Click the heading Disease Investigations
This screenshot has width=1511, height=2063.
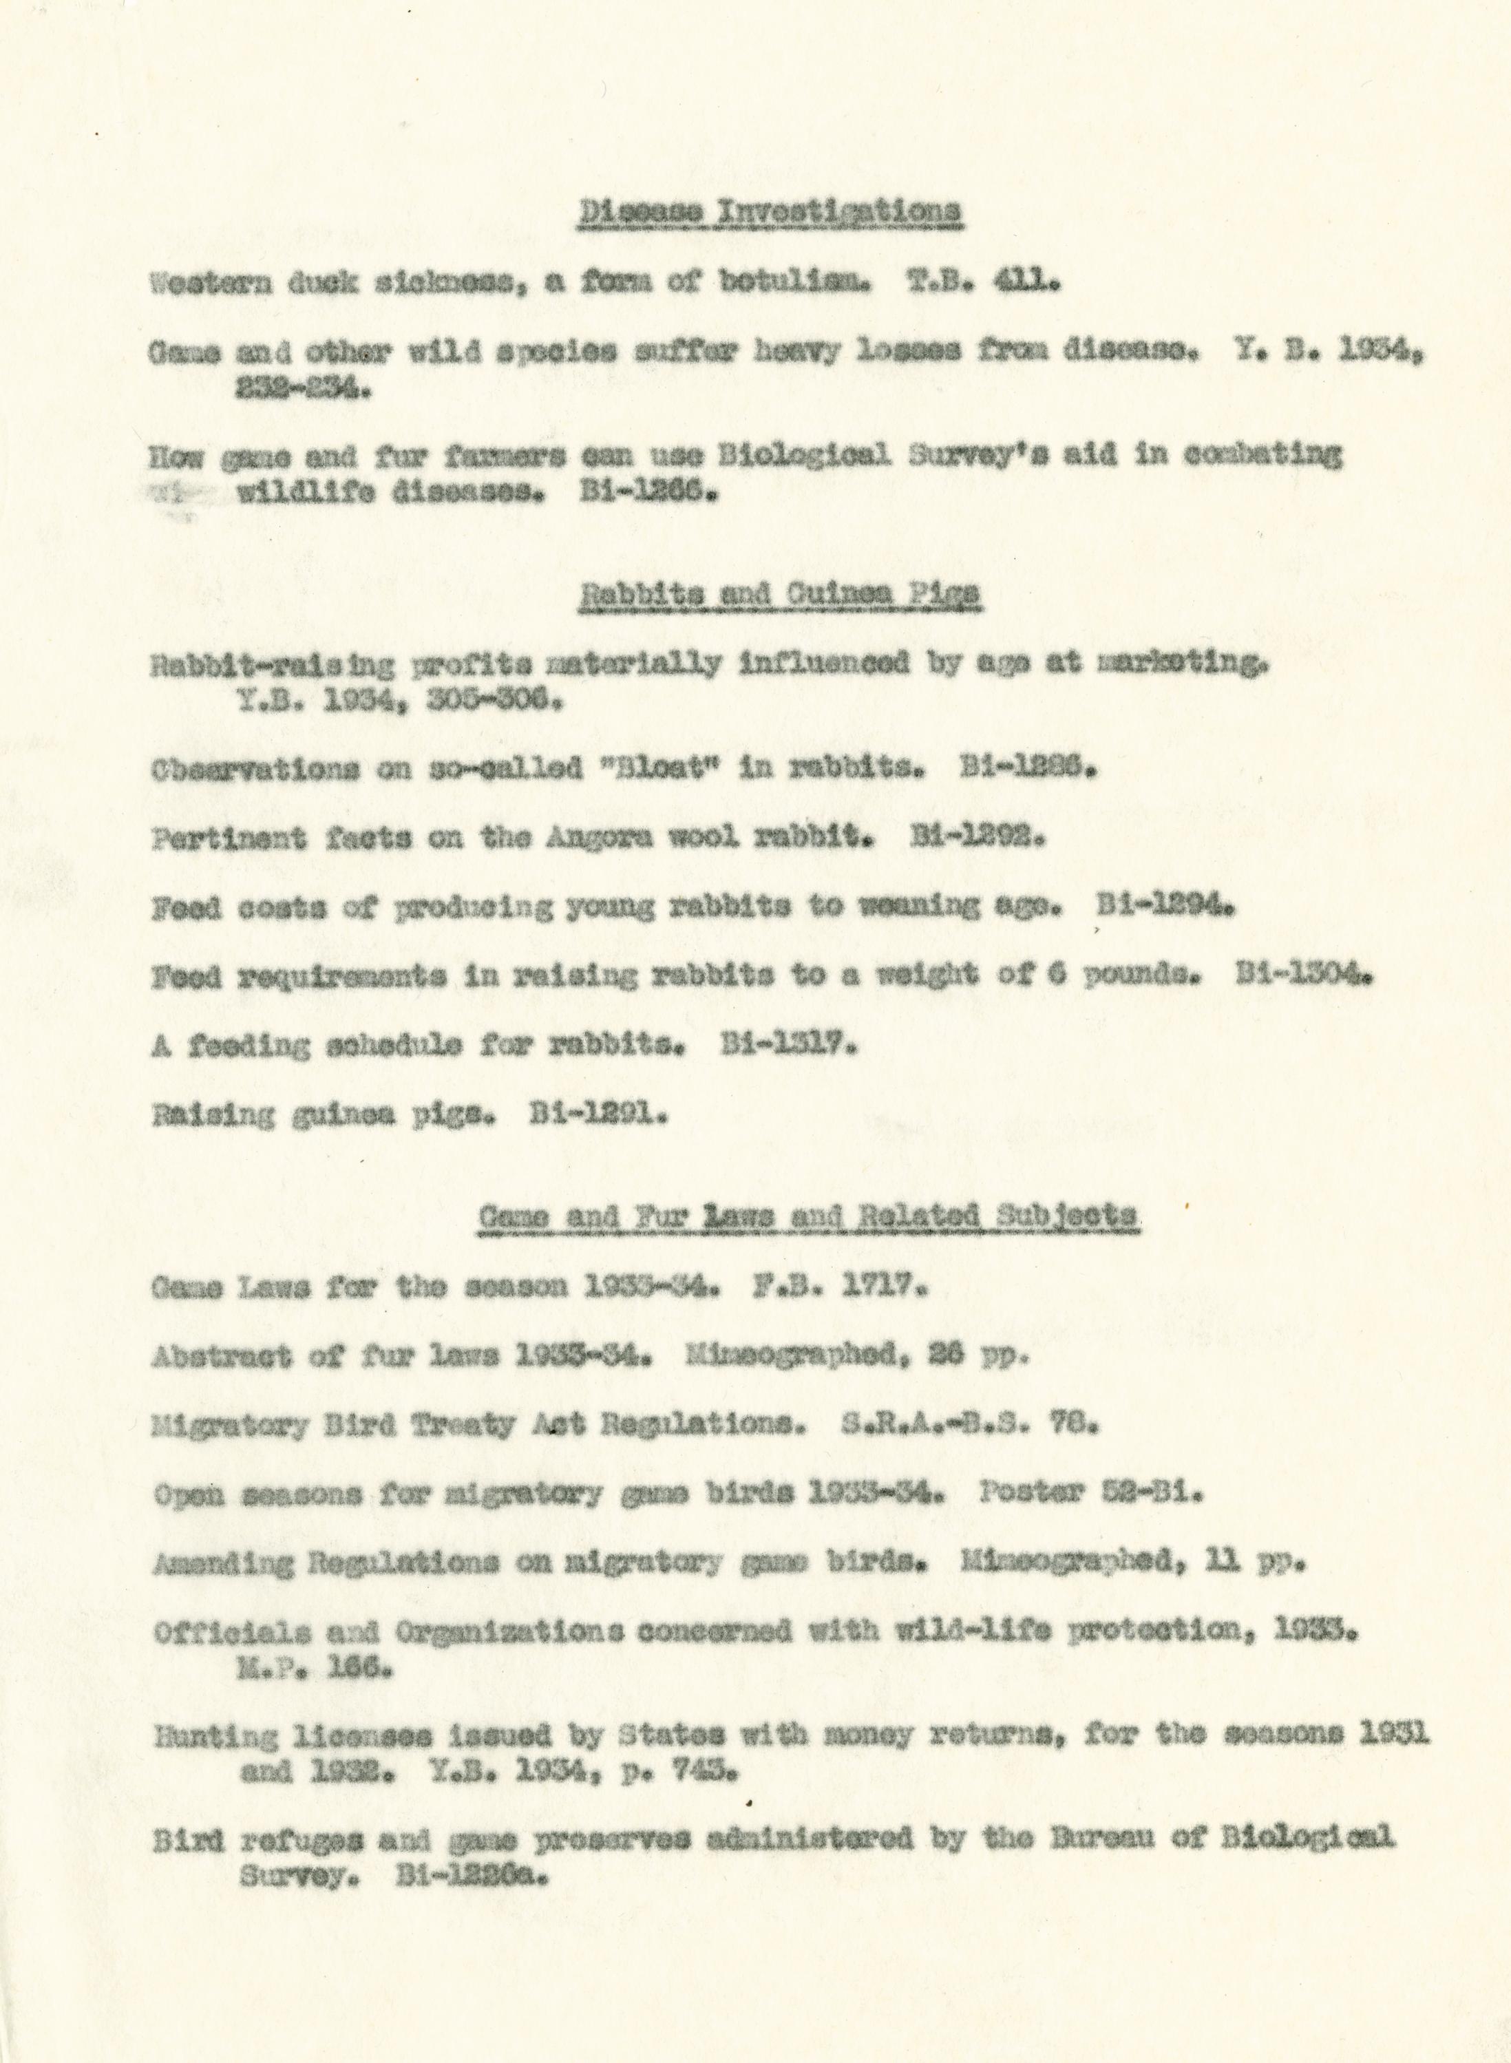[771, 211]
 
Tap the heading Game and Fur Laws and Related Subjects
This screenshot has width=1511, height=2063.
[809, 1216]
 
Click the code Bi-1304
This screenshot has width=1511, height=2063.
[1302, 977]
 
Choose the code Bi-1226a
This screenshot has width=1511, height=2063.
[472, 1877]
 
